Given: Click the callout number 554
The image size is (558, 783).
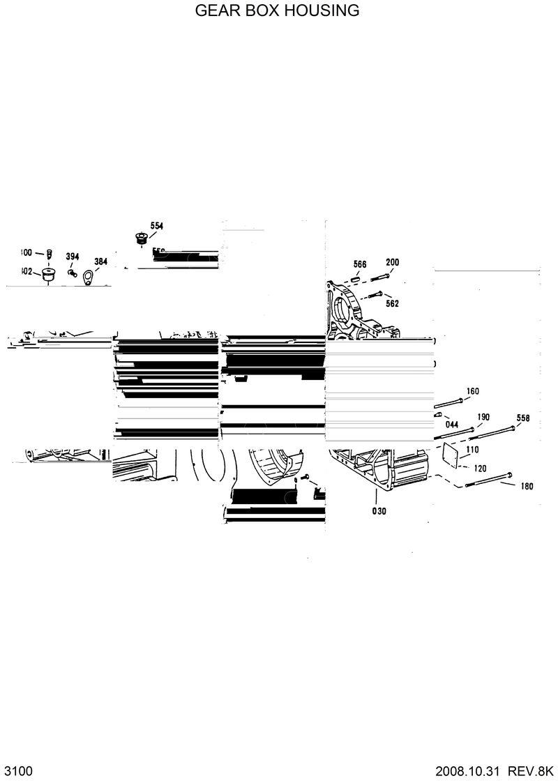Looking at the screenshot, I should point(156,226).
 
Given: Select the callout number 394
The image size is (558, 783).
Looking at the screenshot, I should point(73,257).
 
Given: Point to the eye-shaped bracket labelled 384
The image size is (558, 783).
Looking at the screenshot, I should point(88,279).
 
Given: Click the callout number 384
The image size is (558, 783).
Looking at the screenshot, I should point(101,262).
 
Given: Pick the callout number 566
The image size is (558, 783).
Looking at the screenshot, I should point(360,264).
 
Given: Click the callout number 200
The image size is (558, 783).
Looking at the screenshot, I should point(393,262).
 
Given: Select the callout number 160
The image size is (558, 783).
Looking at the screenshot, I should point(472,391).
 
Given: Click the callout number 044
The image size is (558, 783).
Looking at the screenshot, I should point(451,424).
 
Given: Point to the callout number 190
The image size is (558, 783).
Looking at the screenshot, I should point(483,417).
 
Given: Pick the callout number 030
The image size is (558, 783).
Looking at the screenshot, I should point(379,510).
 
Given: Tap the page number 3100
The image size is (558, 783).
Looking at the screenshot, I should point(19,771).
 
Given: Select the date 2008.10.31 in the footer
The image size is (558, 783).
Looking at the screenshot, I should point(468,771).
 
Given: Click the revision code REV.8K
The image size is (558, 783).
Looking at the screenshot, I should point(531,771).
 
